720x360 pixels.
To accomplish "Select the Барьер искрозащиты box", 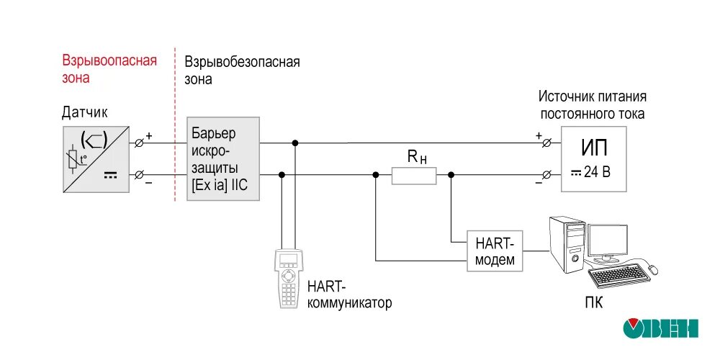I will coord(223,159).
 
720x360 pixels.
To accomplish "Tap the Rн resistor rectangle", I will coord(414,175).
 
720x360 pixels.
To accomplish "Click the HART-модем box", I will coord(495,251).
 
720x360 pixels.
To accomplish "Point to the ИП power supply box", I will coord(593,158).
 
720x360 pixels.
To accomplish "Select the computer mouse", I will coord(652,269).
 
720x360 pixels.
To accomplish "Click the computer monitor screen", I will coord(609,243).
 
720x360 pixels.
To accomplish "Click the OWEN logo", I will coord(661,328).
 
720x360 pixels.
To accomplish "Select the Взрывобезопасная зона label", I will coord(242,71).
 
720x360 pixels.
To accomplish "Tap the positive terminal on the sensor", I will coord(139,143).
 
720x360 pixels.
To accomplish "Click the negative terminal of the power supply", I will coord(546,175).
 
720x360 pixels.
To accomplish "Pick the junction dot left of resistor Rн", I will coord(376,175).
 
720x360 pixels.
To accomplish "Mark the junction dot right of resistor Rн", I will coord(451,175).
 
